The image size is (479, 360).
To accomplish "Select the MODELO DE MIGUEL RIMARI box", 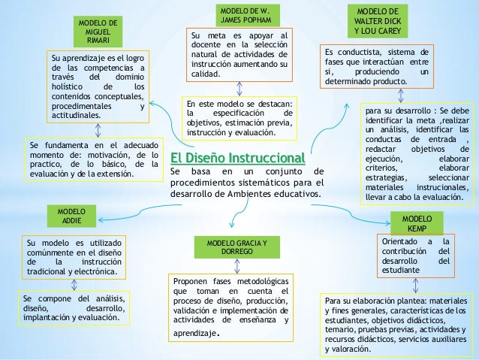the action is click(97, 29).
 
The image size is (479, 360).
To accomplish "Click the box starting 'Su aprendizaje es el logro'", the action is click(98, 88).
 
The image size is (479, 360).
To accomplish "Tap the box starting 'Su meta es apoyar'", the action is click(239, 55).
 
